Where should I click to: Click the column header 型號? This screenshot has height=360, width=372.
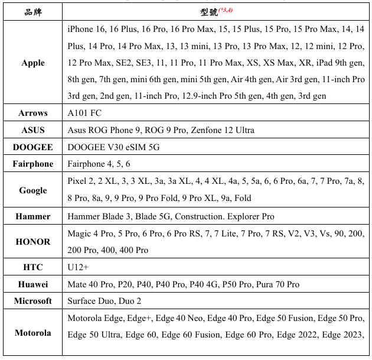209,12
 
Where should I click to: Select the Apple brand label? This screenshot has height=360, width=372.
33,63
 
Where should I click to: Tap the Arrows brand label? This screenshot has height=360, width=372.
33,113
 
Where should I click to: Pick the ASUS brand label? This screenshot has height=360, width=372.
33,130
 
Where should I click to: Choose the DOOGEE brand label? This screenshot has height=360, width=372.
33,147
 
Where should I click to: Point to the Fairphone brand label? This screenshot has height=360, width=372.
33,164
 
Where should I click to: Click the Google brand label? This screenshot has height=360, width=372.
33,190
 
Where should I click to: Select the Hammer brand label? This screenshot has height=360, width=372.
33,216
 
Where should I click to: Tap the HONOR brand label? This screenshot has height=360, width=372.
33,241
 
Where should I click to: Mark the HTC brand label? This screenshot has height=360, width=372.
33,267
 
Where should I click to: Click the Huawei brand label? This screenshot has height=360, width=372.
33,284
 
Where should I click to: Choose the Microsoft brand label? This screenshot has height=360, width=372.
33,301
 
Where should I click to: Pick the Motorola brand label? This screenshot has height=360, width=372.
33,332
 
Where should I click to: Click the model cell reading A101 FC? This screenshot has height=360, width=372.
84,113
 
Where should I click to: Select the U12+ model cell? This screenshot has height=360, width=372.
79,267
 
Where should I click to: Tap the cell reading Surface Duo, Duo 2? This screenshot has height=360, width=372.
104,301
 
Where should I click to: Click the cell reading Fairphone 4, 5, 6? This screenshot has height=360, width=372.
99,164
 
